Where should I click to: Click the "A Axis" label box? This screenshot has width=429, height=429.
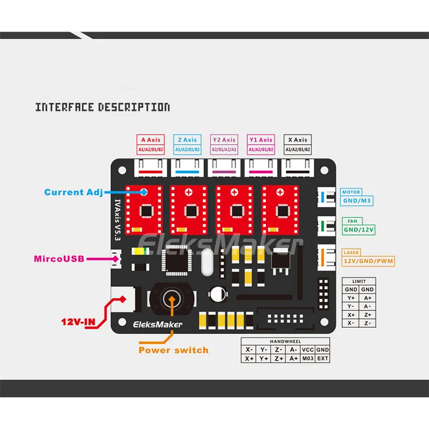(151, 144)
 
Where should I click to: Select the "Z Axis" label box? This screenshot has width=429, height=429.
(187, 144)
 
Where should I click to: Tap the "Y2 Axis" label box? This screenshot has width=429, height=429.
(224, 144)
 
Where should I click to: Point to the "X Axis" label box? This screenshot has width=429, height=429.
(298, 144)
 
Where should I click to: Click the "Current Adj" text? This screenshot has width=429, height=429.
(73, 193)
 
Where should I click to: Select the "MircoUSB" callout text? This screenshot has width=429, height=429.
(59, 259)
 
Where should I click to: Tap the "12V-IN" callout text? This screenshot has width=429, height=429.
(78, 322)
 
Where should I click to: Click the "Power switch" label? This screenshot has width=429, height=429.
(173, 350)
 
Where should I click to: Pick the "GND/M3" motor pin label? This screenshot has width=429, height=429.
(357, 201)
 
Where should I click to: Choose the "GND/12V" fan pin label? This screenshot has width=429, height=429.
(359, 230)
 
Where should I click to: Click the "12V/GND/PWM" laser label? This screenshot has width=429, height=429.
(368, 261)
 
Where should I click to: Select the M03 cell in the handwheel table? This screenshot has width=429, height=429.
(308, 358)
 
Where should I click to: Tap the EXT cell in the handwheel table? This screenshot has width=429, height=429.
(323, 358)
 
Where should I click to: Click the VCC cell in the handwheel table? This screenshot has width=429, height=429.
(308, 350)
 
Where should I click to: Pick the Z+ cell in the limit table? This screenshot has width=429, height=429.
(367, 315)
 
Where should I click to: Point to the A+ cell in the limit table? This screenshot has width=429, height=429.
(367, 298)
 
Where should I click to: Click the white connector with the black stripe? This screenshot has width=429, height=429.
(298, 168)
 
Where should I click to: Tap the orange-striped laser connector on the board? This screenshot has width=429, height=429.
(327, 257)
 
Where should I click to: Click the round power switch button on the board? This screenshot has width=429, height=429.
(172, 299)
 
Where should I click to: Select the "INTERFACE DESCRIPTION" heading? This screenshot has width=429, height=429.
(102, 107)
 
